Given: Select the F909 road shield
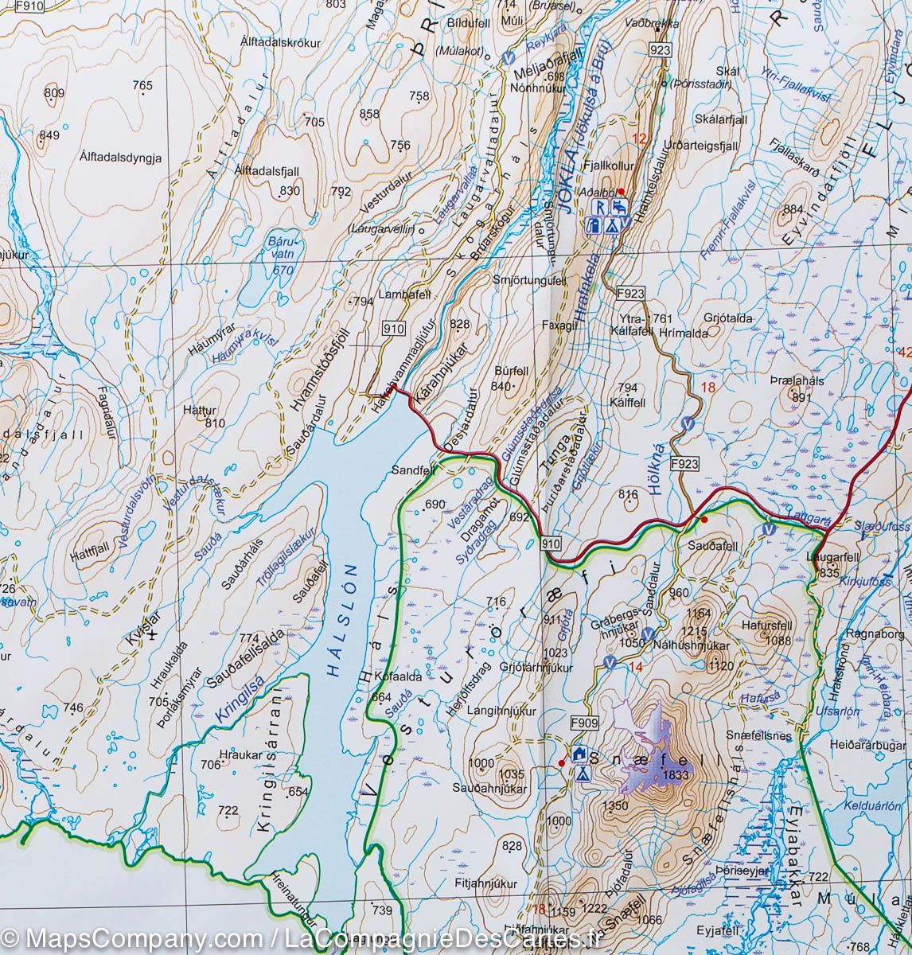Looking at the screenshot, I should tap(584, 723).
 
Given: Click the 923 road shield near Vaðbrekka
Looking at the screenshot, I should tap(660, 50).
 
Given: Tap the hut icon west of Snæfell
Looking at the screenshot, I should tap(579, 754).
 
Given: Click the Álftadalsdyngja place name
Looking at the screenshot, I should tap(121, 158).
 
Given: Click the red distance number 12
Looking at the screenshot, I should tap(638, 138).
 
